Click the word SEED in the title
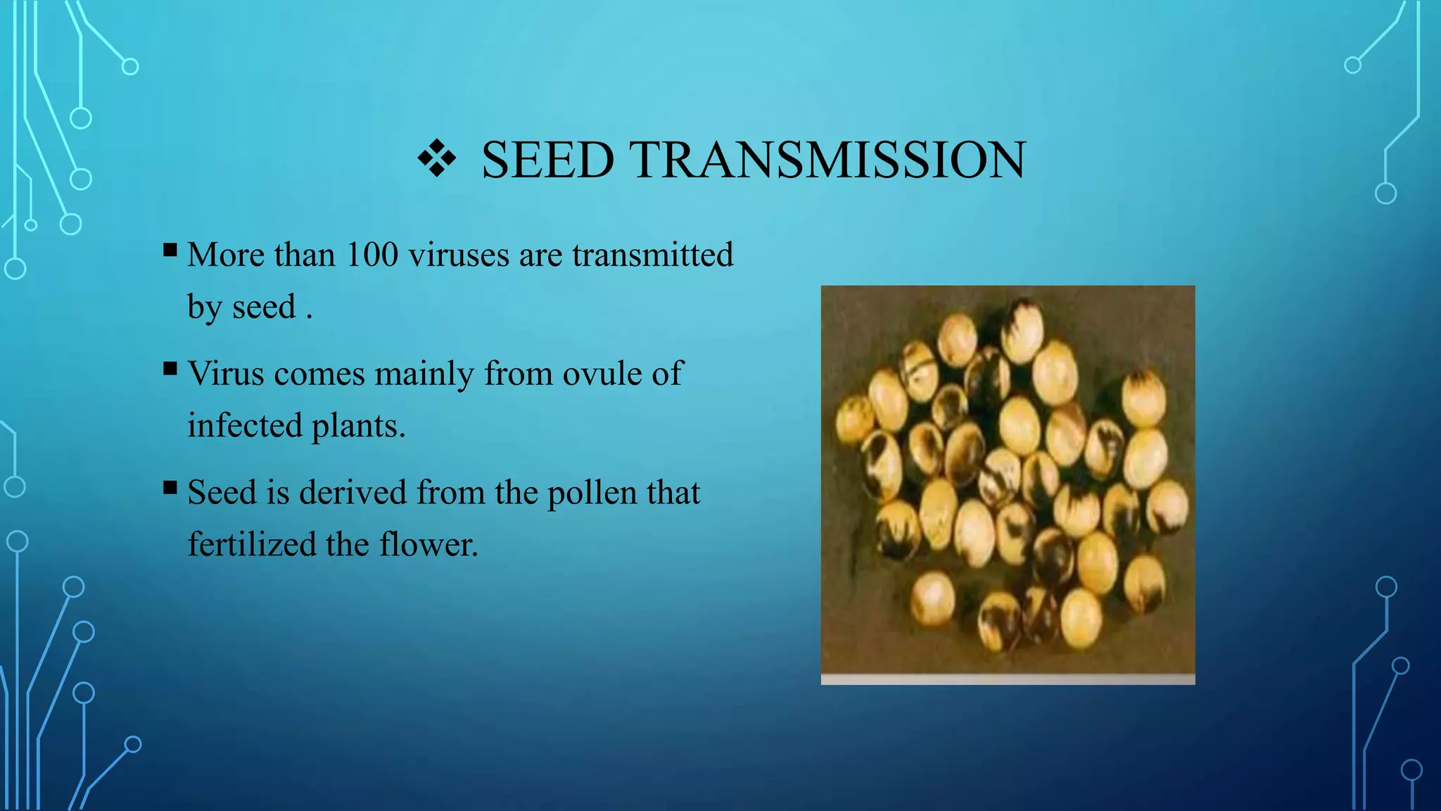tap(547, 161)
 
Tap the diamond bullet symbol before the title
tap(436, 158)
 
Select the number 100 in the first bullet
tap(372, 254)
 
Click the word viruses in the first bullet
tap(458, 254)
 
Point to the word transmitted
tap(652, 254)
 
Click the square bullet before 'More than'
tap(170, 250)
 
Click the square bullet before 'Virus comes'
tap(170, 369)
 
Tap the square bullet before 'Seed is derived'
tap(170, 488)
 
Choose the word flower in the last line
tap(428, 544)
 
